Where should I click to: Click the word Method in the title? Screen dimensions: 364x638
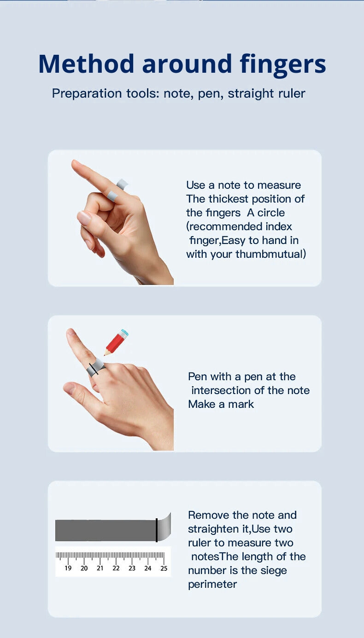(x=86, y=64)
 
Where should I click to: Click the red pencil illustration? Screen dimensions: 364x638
(x=116, y=342)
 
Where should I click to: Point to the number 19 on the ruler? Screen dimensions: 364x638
(x=68, y=568)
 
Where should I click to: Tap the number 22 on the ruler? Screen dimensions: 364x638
(x=116, y=568)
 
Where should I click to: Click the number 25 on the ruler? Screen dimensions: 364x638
(x=164, y=568)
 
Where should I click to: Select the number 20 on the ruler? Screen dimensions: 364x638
(x=84, y=568)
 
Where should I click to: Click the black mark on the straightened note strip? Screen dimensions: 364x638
(x=157, y=530)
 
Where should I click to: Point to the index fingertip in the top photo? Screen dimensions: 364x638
(x=75, y=163)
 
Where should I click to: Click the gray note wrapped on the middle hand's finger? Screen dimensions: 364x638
(x=95, y=367)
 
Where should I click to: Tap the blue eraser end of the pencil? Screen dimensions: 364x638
(x=124, y=333)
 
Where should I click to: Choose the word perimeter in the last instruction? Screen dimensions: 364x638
(x=212, y=585)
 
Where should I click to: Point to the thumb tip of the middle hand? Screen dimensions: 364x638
(x=67, y=388)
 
